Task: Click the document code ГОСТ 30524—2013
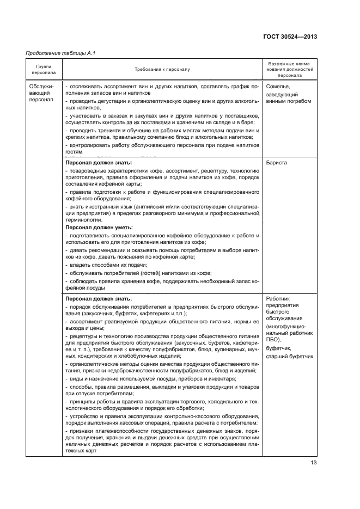[290, 36]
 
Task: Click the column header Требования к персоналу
[162, 70]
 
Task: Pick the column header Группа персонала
[44, 70]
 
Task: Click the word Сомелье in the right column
[278, 87]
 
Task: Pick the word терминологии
[83, 220]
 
